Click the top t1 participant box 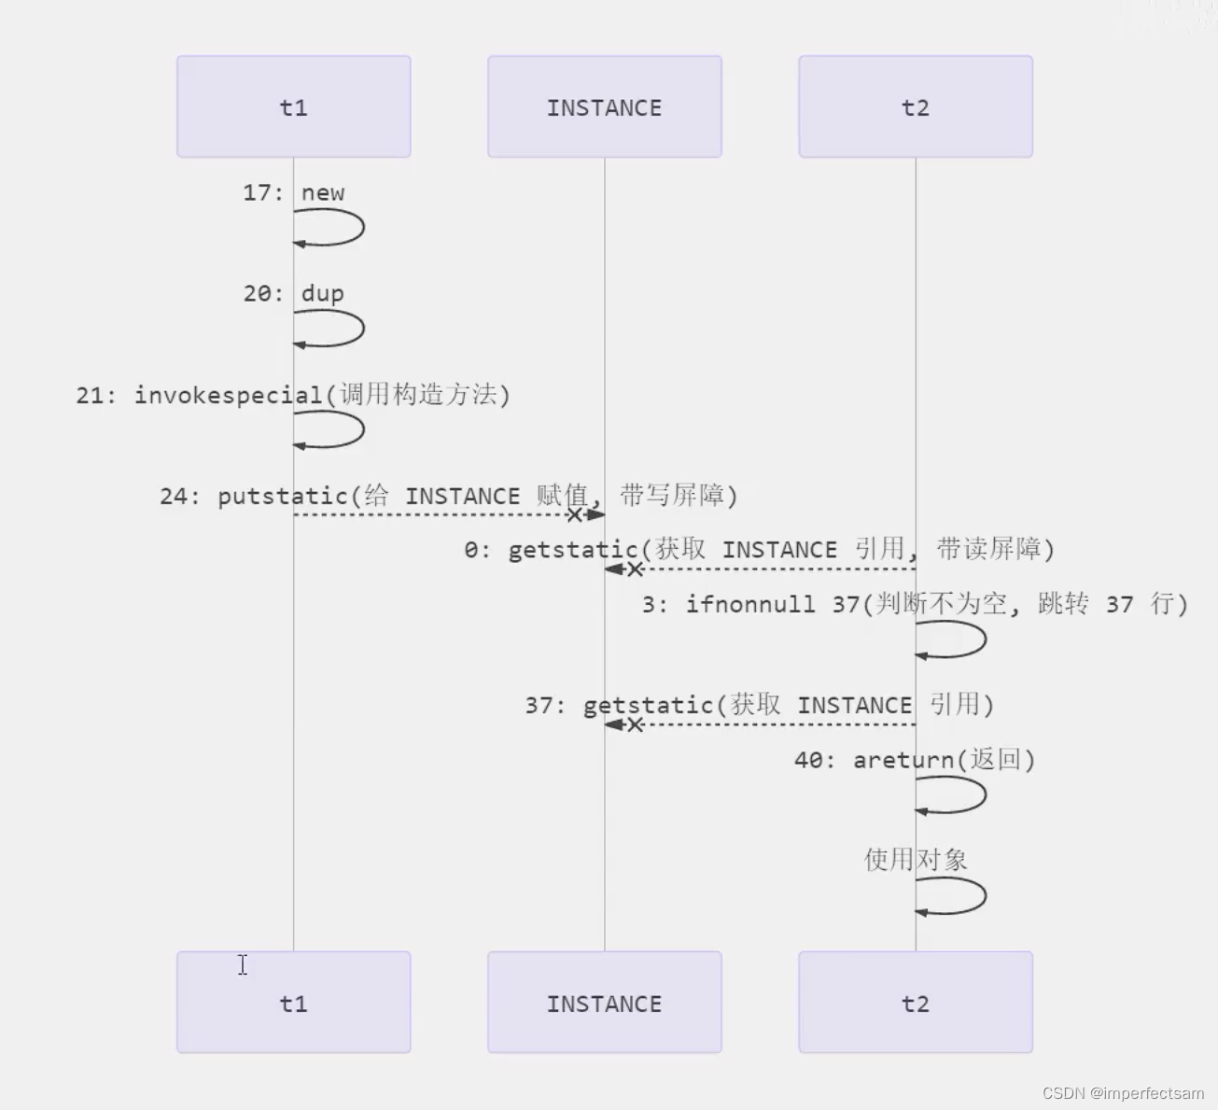[293, 106]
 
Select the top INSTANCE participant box [604, 106]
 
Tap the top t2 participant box [915, 106]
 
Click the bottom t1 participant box [293, 1003]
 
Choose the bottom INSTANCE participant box [604, 1003]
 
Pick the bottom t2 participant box [915, 1003]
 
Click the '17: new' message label [293, 193]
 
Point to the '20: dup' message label [293, 294]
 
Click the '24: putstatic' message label [448, 496]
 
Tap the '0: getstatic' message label [759, 549]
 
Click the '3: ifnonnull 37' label [915, 604]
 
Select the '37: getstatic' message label [759, 705]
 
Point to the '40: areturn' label [915, 760]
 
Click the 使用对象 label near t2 [915, 860]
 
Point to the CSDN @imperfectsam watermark [1122, 1093]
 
